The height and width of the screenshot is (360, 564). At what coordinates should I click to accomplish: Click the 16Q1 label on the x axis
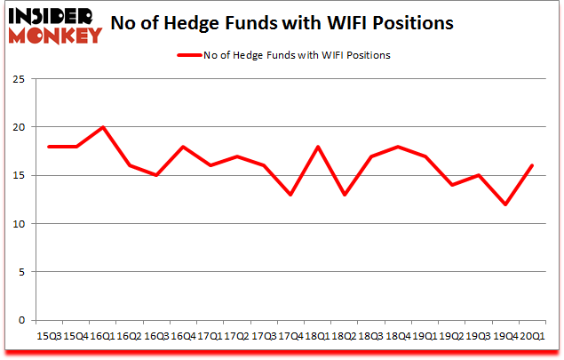(104, 336)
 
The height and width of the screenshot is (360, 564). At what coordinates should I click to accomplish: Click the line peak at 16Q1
(104, 127)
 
